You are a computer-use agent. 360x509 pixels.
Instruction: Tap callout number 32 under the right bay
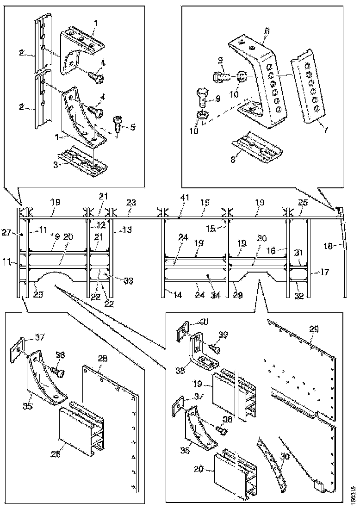point(299,296)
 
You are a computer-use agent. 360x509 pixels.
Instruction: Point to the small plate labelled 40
point(182,331)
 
